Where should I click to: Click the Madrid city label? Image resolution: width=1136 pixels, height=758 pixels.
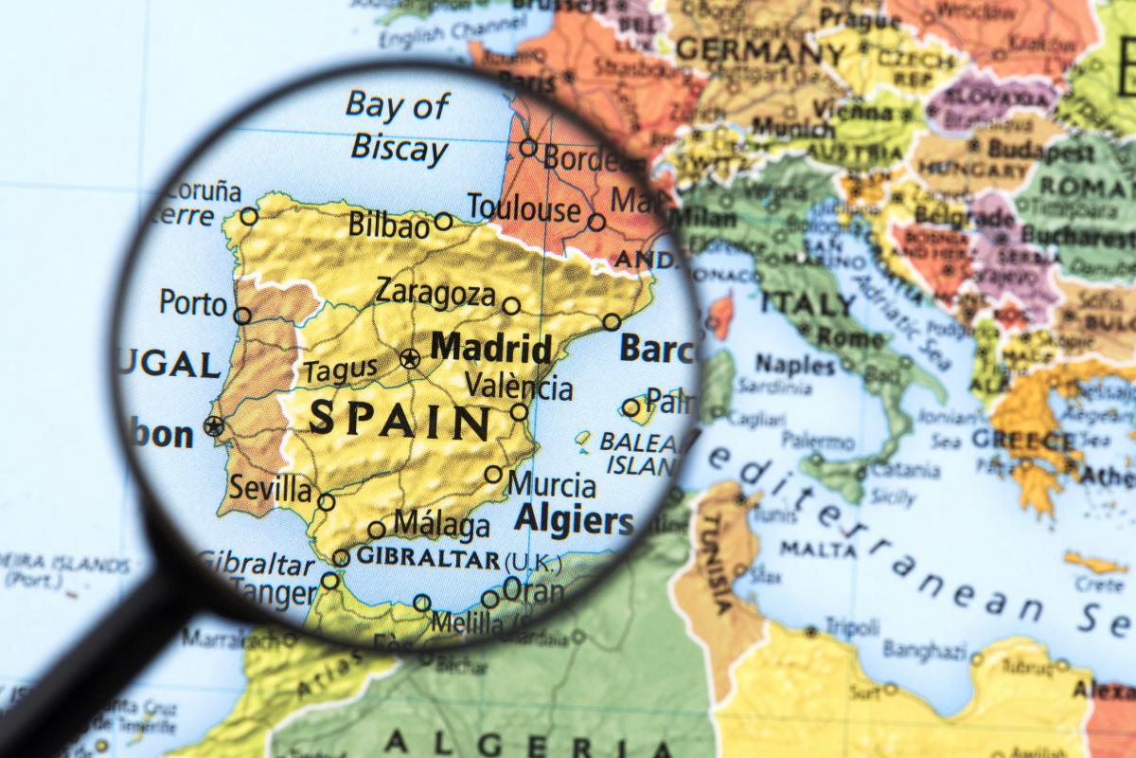pyautogui.click(x=490, y=348)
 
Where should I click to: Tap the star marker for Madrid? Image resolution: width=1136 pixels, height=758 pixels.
pyautogui.click(x=410, y=359)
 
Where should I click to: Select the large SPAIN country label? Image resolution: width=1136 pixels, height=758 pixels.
pyautogui.click(x=399, y=418)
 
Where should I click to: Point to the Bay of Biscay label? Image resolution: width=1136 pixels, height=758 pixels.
pyautogui.click(x=397, y=127)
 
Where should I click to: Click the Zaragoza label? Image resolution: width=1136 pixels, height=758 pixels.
pyautogui.click(x=435, y=292)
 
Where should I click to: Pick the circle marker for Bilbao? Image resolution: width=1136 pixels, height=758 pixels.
pyautogui.click(x=443, y=222)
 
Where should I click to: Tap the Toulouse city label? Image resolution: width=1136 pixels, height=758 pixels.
pyautogui.click(x=523, y=208)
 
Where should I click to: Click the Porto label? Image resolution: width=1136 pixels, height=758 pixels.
pyautogui.click(x=193, y=303)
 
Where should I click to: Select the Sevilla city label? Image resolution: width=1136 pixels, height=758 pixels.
pyautogui.click(x=271, y=490)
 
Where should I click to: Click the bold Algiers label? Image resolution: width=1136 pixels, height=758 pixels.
pyautogui.click(x=574, y=520)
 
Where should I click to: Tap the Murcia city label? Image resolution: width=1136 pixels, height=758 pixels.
pyautogui.click(x=552, y=485)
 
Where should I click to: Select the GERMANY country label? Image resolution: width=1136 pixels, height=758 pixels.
pyautogui.click(x=761, y=49)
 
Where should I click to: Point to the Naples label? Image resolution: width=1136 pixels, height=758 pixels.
pyautogui.click(x=794, y=364)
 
